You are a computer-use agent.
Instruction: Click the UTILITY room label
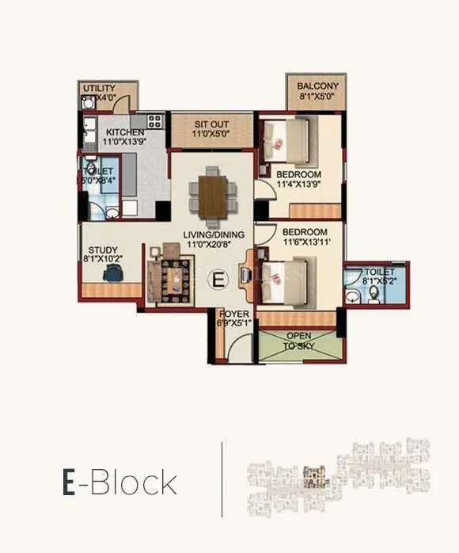pyautogui.click(x=100, y=88)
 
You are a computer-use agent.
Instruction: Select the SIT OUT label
pyautogui.click(x=212, y=125)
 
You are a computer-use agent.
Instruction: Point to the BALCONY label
pyautogui.click(x=317, y=86)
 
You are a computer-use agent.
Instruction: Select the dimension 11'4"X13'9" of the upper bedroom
pyautogui.click(x=298, y=185)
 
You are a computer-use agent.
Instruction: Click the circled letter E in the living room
pyautogui.click(x=218, y=279)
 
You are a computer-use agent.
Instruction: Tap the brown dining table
pyautogui.click(x=211, y=193)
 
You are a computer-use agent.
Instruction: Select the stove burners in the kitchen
pyautogui.click(x=154, y=121)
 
